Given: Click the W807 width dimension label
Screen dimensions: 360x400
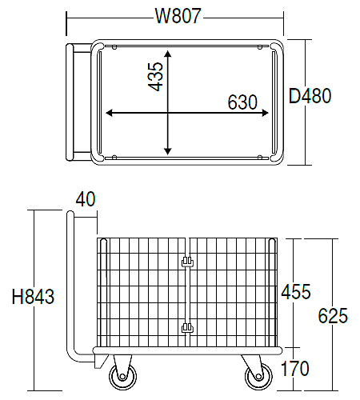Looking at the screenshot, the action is click(178, 16).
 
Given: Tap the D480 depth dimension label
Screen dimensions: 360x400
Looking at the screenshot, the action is click(310, 95).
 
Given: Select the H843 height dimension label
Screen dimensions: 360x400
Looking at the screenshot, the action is click(33, 296).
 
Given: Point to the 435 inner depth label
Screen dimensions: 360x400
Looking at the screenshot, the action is click(155, 77).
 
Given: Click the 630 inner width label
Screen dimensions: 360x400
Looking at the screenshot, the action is click(242, 102).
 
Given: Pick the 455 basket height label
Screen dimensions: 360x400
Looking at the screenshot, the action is click(296, 291).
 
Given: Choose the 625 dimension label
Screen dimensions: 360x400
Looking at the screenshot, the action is click(333, 315).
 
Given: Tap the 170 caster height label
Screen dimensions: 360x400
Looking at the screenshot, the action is click(295, 369).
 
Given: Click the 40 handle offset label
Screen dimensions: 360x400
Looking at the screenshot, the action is click(86, 199).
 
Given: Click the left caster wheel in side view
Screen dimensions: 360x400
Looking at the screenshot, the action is click(122, 377).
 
